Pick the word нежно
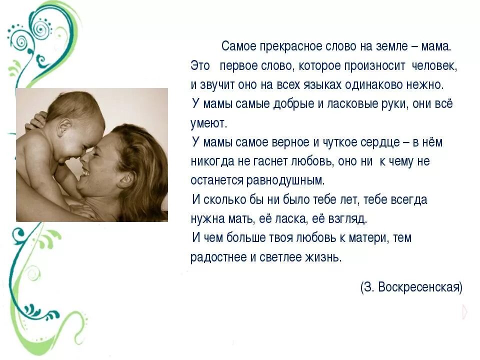(x=428, y=84)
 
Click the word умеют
(x=208, y=123)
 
